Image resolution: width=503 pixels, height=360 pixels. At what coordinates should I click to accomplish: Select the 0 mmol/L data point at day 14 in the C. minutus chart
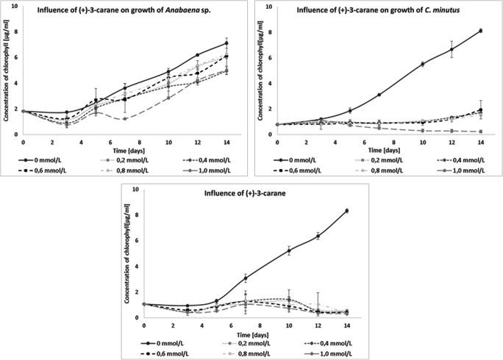(x=480, y=31)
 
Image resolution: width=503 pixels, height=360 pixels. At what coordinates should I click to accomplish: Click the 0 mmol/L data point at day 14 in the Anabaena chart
(x=226, y=43)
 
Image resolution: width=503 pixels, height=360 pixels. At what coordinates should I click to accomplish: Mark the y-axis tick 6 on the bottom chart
(x=135, y=241)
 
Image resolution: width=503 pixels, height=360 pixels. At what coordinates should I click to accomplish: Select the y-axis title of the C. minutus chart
(x=259, y=70)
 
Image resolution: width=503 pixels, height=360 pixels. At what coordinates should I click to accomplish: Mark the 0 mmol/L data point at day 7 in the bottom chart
(x=244, y=278)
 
